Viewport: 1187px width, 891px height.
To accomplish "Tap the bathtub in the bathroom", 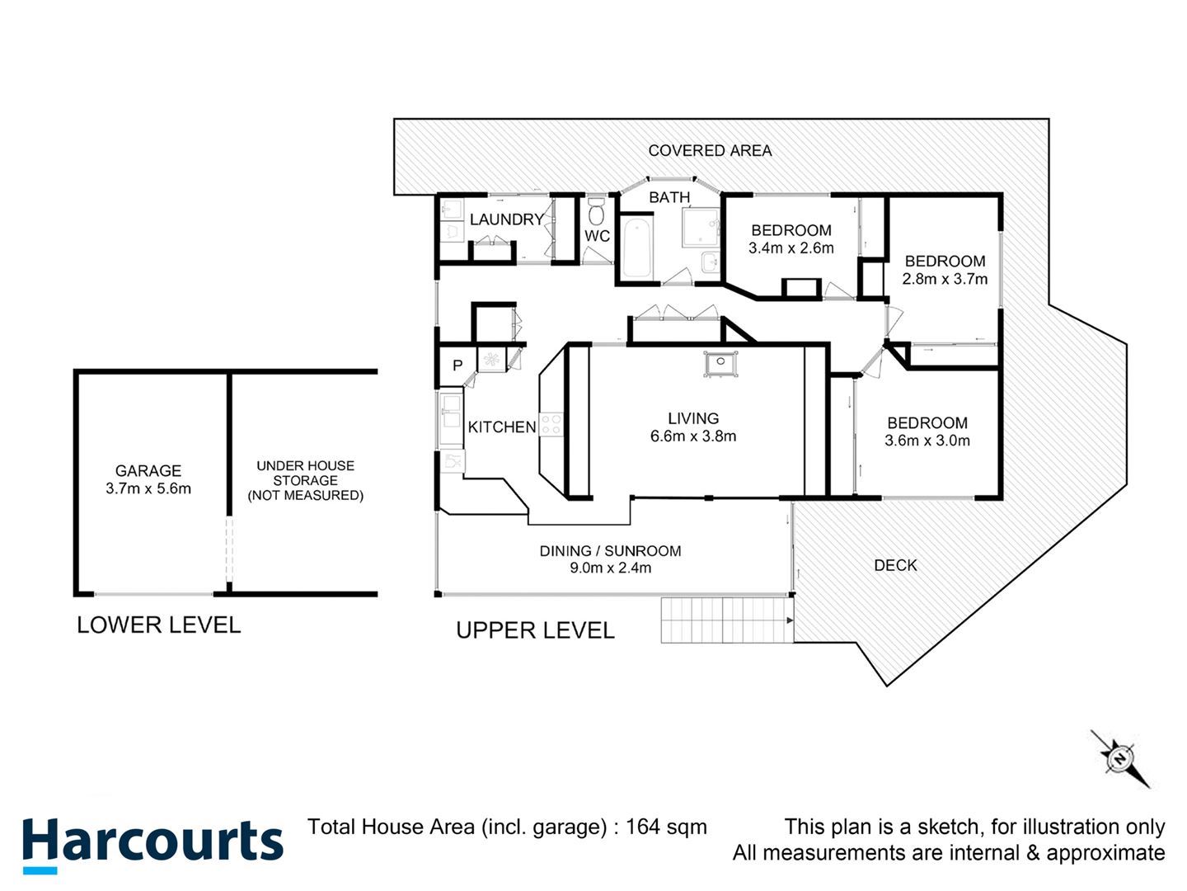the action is (x=636, y=247).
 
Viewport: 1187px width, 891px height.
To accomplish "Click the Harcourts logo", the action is (x=153, y=845).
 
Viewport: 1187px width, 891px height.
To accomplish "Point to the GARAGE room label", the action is (x=148, y=470).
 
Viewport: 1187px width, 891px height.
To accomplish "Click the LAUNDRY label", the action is (x=507, y=219).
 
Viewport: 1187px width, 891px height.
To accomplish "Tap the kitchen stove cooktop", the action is (x=551, y=425).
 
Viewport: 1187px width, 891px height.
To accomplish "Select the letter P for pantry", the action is (x=457, y=365).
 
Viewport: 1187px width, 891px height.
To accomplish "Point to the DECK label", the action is (x=895, y=566).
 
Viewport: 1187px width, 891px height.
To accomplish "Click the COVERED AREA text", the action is (x=710, y=151).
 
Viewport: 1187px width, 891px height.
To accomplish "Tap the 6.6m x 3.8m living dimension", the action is (x=693, y=436).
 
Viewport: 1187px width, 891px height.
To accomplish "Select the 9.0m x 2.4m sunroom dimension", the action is (x=611, y=568).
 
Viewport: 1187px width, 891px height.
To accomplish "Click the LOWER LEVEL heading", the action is (x=158, y=625).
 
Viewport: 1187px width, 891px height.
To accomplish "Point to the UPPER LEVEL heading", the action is (x=535, y=631).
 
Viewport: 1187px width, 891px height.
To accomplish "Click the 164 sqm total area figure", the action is (x=666, y=827).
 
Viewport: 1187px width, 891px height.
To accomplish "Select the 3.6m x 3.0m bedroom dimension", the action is (x=927, y=441).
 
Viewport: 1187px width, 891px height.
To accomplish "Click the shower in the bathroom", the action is (x=701, y=227).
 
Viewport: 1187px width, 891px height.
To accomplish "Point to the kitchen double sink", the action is (x=451, y=411).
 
